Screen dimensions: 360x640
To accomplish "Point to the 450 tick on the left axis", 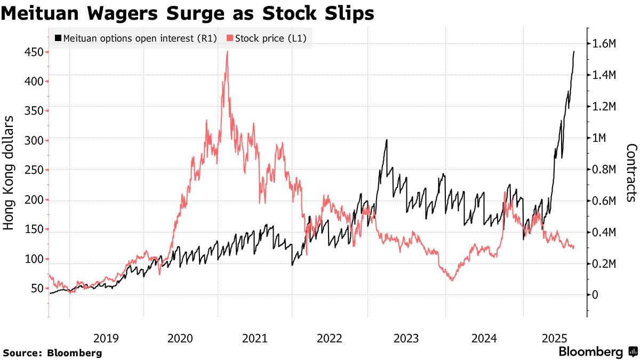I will coord(34,52).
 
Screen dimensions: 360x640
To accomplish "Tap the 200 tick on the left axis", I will coord(34,200).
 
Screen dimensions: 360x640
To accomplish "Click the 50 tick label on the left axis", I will coord(37,289).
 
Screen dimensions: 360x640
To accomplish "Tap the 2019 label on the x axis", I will coord(106,338).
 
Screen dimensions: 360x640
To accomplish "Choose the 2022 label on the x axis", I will coord(329,338).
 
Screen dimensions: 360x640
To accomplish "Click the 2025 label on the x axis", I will coord(554,338).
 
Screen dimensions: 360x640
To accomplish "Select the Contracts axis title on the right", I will coord(631,173).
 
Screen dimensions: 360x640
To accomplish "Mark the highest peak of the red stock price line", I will coord(228,52).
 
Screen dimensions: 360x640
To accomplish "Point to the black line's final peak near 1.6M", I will coord(574,52).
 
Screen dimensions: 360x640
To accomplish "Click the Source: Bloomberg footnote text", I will coord(52,353).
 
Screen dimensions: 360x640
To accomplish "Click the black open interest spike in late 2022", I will coord(386,140).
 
